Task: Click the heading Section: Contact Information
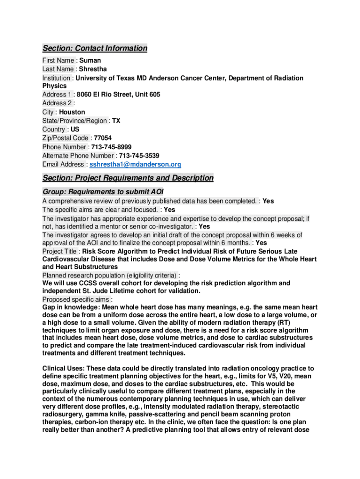pyautogui.click(x=95, y=48)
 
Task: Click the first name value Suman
pyautogui.click(x=90, y=60)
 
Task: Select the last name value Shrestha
pyautogui.click(x=93, y=69)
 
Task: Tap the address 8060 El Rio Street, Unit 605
pyautogui.click(x=118, y=94)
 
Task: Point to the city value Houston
pyautogui.click(x=72, y=112)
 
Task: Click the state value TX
pyautogui.click(x=116, y=121)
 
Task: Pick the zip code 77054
pyautogui.click(x=103, y=138)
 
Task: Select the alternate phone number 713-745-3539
pyautogui.click(x=139, y=155)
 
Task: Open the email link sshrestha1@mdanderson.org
pyautogui.click(x=135, y=164)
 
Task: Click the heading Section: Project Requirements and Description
pyautogui.click(x=128, y=178)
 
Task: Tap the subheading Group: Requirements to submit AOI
pyautogui.click(x=103, y=192)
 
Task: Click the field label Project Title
pyautogui.click(x=60, y=251)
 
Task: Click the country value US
pyautogui.click(x=75, y=129)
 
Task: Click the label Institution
pyautogui.click(x=57, y=78)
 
